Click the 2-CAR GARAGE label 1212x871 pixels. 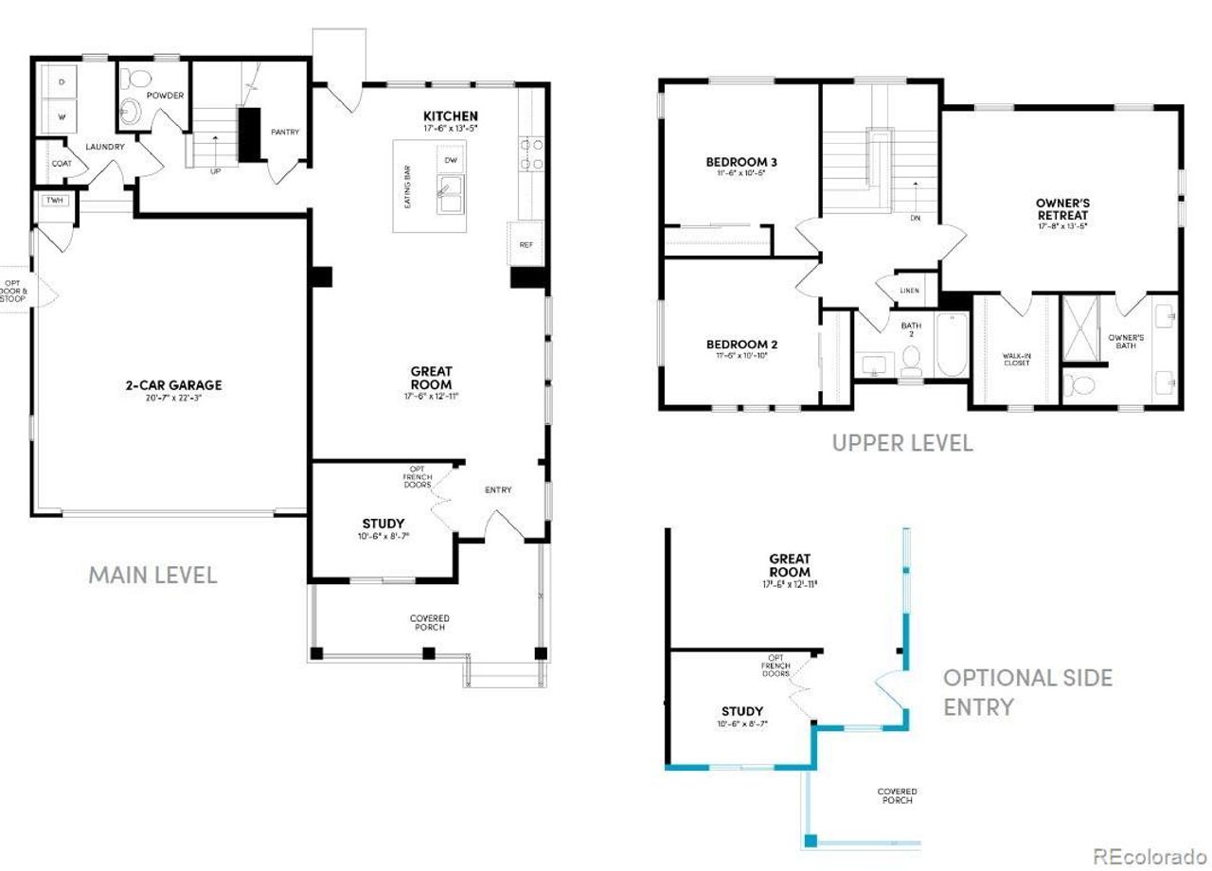coord(173,385)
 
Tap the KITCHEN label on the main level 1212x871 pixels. coord(450,116)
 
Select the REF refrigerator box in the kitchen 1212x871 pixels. coord(526,244)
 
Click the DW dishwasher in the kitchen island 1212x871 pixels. coord(451,160)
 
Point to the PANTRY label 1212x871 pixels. coord(285,133)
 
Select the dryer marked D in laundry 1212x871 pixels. coord(62,83)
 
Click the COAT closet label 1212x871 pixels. coord(62,164)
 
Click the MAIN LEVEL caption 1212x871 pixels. coord(152,575)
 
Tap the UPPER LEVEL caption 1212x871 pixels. coord(901,443)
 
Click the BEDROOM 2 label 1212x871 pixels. coord(740,345)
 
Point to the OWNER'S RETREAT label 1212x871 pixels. coord(1062,209)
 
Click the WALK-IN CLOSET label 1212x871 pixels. coord(1016,359)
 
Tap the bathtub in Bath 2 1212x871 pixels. coord(950,346)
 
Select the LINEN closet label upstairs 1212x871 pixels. coord(908,291)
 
